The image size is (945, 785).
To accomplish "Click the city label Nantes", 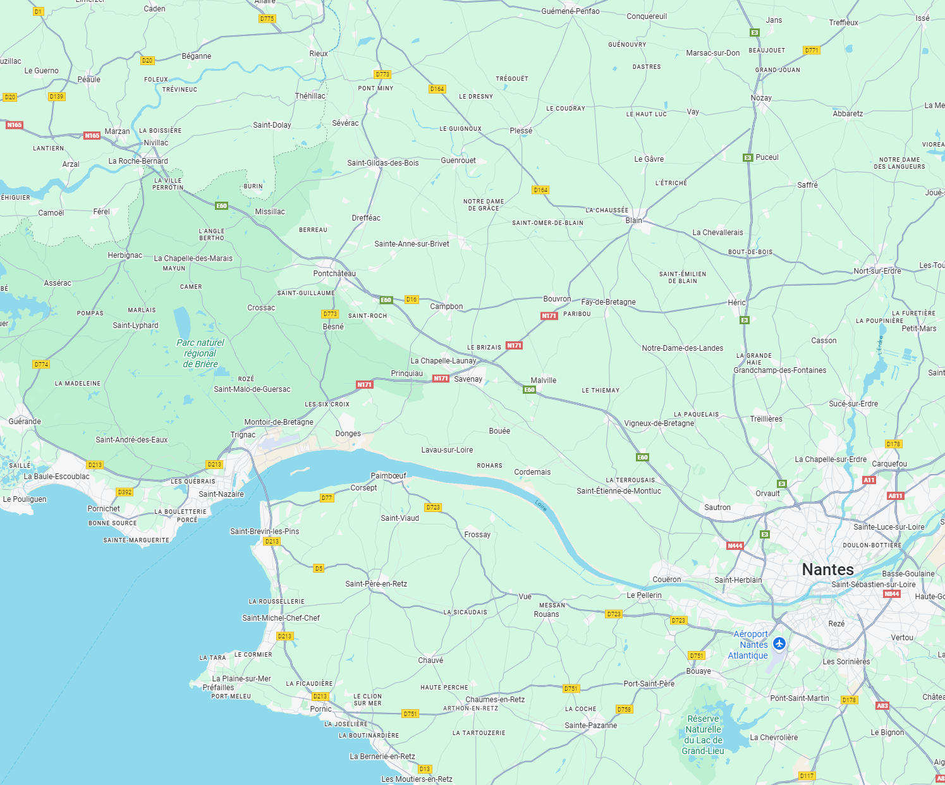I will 827,569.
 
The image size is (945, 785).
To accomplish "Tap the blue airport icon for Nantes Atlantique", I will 779,643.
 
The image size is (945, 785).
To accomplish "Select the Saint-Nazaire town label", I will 221,494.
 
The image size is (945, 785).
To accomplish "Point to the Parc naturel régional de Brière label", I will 200,353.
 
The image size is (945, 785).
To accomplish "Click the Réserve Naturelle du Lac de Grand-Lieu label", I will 703,735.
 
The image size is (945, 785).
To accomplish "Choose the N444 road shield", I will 735,545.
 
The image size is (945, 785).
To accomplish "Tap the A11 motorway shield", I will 869,480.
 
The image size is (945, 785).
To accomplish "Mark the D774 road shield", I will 41,365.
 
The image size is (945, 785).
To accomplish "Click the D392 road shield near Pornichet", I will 125,492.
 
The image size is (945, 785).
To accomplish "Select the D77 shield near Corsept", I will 326,498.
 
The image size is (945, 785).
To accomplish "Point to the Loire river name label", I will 540,505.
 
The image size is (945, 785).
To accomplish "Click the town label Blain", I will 633,221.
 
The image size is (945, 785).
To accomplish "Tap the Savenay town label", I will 468,379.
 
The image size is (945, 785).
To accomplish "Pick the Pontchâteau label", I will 334,274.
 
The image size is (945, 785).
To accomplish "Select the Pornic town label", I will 320,709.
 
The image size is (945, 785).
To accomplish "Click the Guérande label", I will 25,422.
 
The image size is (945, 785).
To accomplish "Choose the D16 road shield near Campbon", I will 412,300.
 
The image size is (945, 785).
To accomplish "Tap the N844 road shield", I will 892,594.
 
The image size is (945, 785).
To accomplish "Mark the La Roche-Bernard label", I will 138,161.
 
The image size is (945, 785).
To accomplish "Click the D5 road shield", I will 319,568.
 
